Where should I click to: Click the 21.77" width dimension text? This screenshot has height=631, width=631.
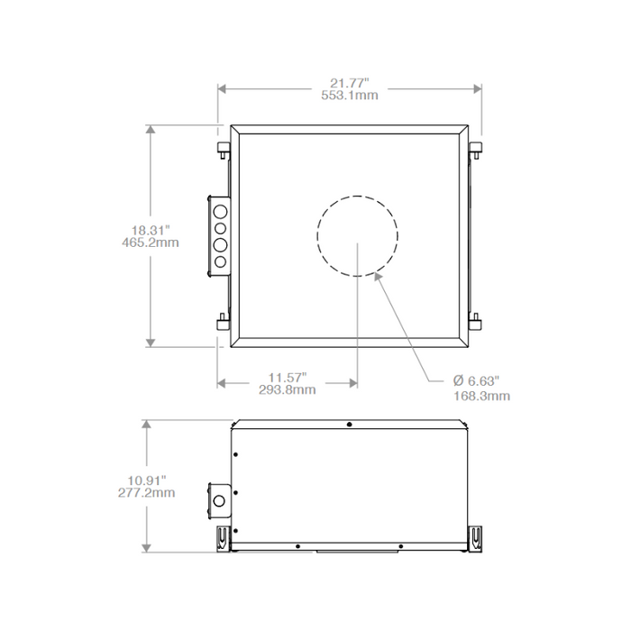(x=350, y=82)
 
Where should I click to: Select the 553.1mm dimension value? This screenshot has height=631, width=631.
(x=350, y=96)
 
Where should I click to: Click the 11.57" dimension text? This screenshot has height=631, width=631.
(x=288, y=376)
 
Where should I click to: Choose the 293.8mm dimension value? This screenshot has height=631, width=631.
(x=288, y=389)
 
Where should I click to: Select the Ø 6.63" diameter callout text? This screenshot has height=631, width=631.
(x=475, y=381)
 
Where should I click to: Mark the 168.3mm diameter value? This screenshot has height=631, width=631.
(x=481, y=395)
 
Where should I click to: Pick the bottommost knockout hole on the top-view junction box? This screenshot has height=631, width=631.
(x=219, y=262)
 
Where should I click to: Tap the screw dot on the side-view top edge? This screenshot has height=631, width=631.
(x=349, y=424)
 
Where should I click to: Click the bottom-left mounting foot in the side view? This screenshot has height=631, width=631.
(x=221, y=537)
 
